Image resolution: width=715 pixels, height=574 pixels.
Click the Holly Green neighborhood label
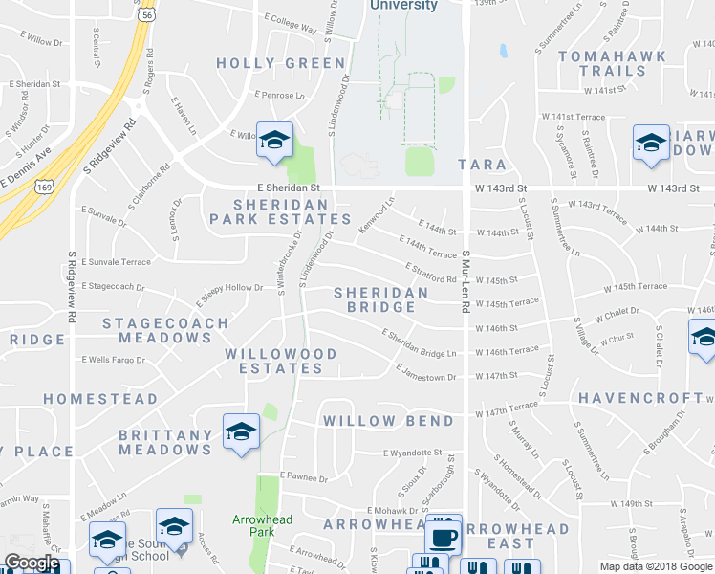click(280, 63)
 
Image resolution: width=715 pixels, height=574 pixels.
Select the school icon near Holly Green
click(274, 141)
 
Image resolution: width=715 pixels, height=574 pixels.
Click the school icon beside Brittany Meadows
click(241, 431)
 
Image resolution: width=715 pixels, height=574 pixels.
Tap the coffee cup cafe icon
click(443, 536)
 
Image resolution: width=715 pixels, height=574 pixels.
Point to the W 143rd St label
click(674, 188)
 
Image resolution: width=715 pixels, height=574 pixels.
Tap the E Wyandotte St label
click(412, 453)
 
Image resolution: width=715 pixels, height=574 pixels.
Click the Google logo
click(32, 563)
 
